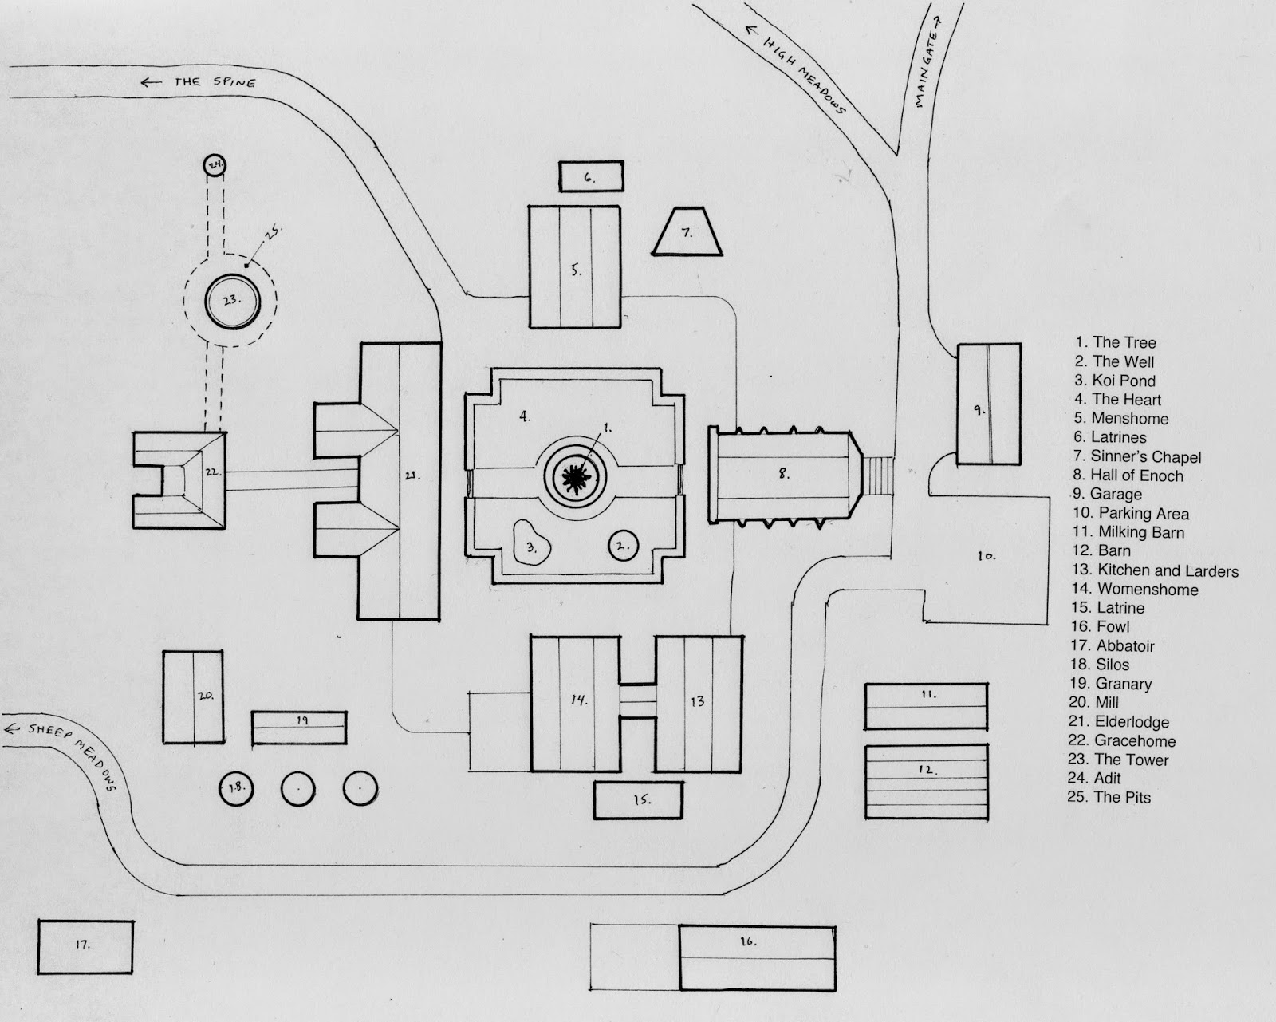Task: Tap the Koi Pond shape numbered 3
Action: pyautogui.click(x=531, y=543)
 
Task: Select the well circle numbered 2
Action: pyautogui.click(x=623, y=546)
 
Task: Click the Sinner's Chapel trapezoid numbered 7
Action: pyautogui.click(x=687, y=231)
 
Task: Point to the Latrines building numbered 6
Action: pyautogui.click(x=591, y=176)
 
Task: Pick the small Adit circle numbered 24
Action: pyautogui.click(x=215, y=165)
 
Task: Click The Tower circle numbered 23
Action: pyautogui.click(x=232, y=302)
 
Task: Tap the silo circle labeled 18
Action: pyautogui.click(x=236, y=789)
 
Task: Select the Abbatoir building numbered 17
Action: pyautogui.click(x=85, y=947)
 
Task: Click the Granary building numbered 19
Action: pyautogui.click(x=299, y=728)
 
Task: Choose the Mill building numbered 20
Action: pyautogui.click(x=193, y=697)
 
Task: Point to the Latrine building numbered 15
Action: pyautogui.click(x=639, y=800)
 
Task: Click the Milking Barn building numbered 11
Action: pyautogui.click(x=926, y=706)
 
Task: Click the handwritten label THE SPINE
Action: pyautogui.click(x=215, y=82)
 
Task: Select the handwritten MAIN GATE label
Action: pyautogui.click(x=927, y=69)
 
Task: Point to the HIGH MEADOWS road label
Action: pyautogui.click(x=803, y=75)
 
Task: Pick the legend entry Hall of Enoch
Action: pyautogui.click(x=1128, y=475)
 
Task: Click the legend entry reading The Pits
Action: pyautogui.click(x=1109, y=797)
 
